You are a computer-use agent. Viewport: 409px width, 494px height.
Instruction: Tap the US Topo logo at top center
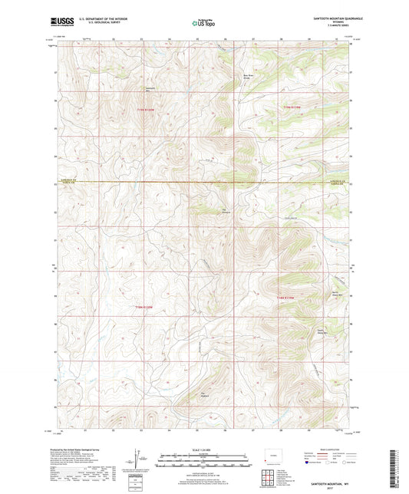202,25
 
